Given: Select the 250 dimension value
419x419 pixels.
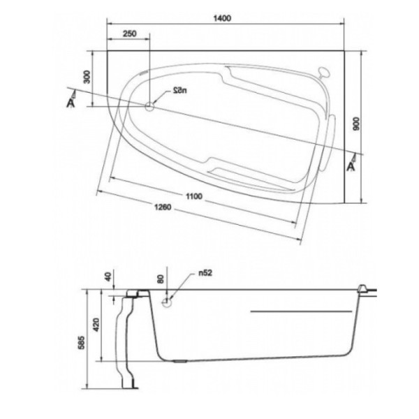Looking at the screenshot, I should click(128, 34).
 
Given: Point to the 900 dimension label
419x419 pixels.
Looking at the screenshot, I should click(356, 126).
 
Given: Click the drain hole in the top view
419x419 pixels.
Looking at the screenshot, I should click(149, 106).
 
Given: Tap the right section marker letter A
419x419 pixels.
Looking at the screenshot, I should click(351, 166).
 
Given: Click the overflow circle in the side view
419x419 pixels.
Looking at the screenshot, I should click(168, 302).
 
